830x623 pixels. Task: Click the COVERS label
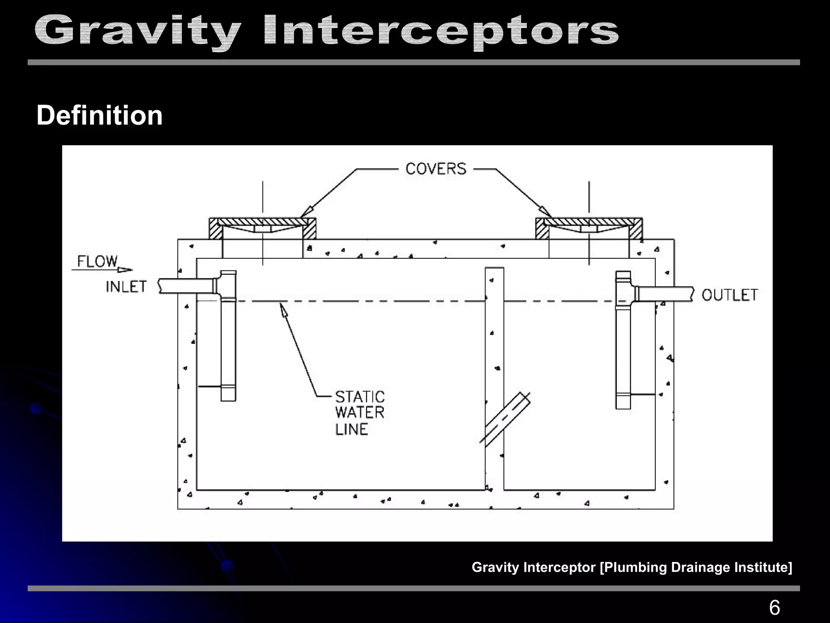[x=436, y=169]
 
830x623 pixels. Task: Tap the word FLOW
[x=97, y=262]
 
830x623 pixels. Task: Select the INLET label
[x=126, y=287]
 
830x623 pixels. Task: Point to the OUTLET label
[x=729, y=295]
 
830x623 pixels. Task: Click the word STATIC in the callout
[x=360, y=397]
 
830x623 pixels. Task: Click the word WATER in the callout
[x=360, y=413]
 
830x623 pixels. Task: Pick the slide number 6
[x=774, y=608]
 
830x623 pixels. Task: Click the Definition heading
[x=100, y=116]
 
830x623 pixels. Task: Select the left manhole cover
[x=262, y=222]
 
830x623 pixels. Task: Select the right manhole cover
[x=589, y=222]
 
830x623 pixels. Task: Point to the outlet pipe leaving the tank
[x=665, y=294]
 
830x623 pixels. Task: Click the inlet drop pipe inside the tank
[x=228, y=349]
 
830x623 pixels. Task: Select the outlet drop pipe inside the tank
[x=623, y=357]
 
